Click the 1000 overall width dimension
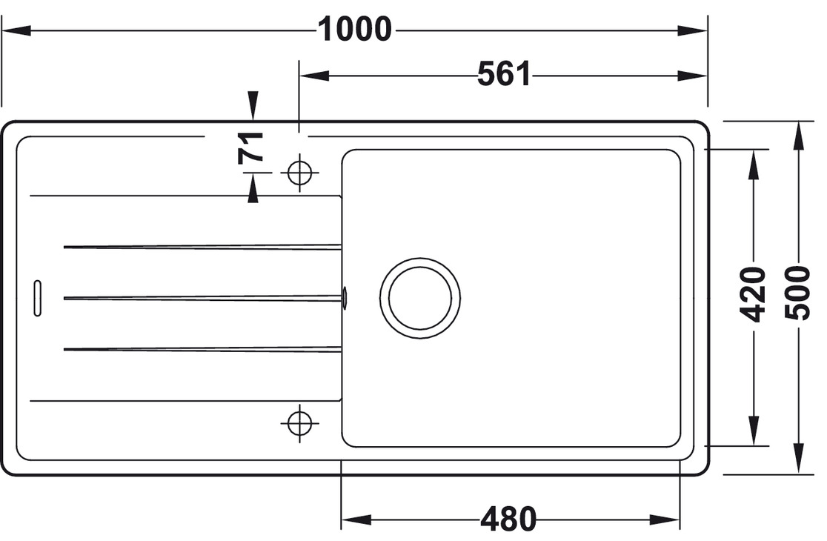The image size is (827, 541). [x=354, y=30]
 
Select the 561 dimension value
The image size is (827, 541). [x=504, y=74]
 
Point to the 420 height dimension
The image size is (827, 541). [x=754, y=294]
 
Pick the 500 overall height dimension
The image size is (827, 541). [x=797, y=292]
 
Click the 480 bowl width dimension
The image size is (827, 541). [x=508, y=520]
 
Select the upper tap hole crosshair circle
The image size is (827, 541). [x=299, y=173]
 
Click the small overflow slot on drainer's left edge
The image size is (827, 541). [x=37, y=298]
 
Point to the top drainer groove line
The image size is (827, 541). [x=202, y=247]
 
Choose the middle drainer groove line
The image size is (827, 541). [x=202, y=298]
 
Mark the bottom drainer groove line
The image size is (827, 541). [x=202, y=348]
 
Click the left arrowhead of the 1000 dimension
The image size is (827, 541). [x=15, y=30]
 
